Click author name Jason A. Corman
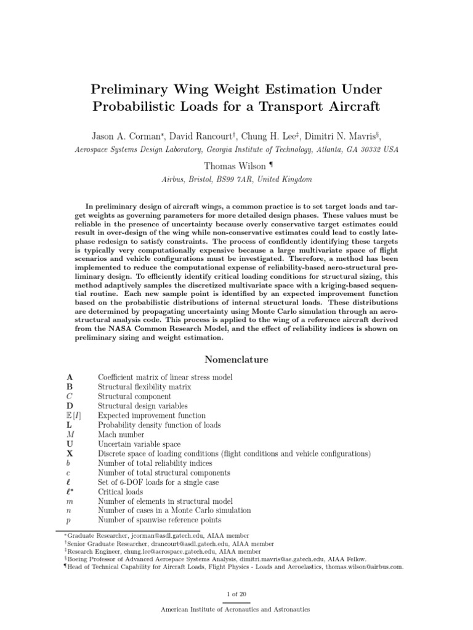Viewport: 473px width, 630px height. pos(125,136)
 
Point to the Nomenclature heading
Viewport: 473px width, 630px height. pos(236,359)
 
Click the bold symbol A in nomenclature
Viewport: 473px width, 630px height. pos(70,377)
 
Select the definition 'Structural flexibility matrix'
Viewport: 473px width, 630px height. pos(144,387)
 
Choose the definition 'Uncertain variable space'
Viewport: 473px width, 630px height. pos(139,444)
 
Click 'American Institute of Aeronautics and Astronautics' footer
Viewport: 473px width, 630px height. pos(236,610)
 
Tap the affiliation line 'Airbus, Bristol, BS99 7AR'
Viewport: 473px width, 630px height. pos(236,180)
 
